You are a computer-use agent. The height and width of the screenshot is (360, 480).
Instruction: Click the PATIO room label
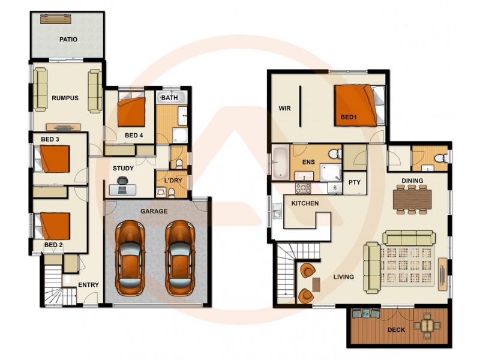tap(68, 40)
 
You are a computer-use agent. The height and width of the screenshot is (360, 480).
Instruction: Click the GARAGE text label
tap(154, 211)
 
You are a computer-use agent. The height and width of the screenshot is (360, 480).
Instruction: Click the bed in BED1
tap(356, 104)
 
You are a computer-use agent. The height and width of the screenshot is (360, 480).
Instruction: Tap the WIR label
tap(284, 109)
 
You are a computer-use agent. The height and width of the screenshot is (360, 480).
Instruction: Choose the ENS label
tap(308, 162)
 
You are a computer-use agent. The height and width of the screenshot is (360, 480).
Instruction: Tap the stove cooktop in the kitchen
tap(303, 188)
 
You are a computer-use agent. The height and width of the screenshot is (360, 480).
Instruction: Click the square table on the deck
tap(427, 325)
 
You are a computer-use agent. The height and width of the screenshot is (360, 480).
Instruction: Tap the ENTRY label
tap(88, 285)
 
